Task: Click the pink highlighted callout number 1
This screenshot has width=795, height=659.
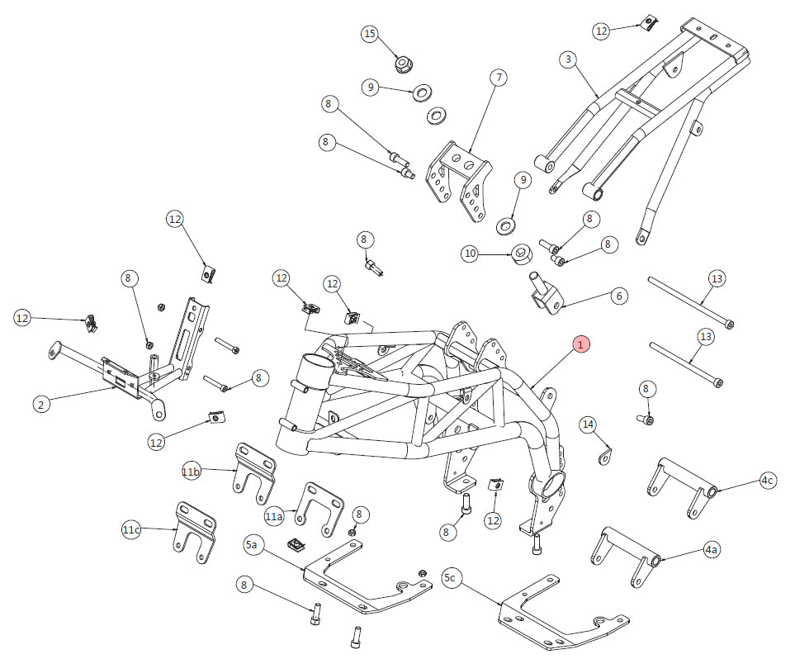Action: tap(581, 344)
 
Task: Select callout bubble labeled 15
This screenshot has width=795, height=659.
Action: tap(370, 34)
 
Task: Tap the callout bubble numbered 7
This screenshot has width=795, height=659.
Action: tap(499, 78)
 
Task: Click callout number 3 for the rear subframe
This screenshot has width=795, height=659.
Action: tap(567, 59)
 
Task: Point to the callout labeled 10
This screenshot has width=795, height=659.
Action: tap(471, 254)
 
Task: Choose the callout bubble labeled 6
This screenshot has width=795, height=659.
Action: tap(618, 295)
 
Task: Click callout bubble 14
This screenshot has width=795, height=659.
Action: tap(588, 424)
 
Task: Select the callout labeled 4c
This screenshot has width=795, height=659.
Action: tap(767, 481)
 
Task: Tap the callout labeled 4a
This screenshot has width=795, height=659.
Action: tap(711, 548)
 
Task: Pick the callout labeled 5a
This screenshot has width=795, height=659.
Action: tap(253, 545)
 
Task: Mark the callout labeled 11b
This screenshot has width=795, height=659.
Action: tap(192, 472)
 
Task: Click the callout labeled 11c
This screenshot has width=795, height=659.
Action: tap(131, 529)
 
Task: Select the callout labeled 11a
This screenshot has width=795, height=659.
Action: tap(274, 516)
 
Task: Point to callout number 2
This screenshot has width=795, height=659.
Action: tap(41, 404)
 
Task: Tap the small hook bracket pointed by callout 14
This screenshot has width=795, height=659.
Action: tap(607, 453)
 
